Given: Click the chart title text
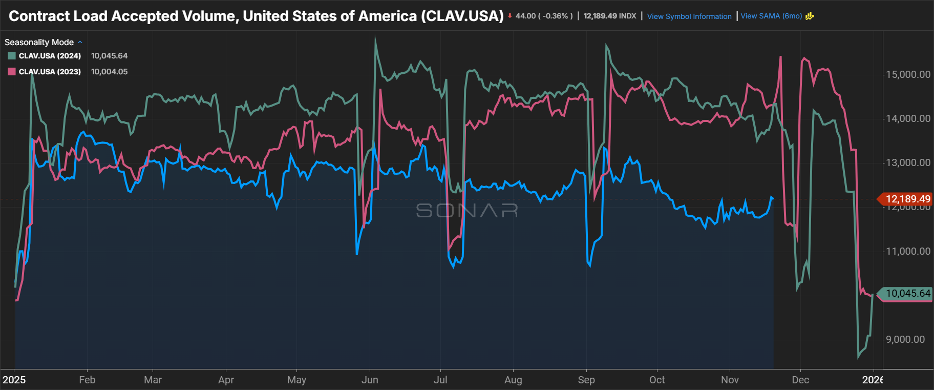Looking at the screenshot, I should coord(256,16).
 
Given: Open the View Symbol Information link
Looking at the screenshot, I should coord(689,16).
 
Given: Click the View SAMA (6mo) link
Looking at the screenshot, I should coord(771,16).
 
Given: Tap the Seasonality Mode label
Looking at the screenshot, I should coord(39,42).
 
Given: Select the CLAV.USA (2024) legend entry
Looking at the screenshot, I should coord(50,56).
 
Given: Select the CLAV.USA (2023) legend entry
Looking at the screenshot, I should coord(50,72).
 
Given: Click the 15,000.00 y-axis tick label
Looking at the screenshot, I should coord(908,74).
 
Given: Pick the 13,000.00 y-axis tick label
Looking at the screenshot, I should coord(908,162).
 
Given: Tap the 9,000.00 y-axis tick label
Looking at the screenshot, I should coord(905,339).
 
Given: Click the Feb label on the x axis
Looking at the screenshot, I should coord(87,380).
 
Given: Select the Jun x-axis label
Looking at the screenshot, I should coord(370,380).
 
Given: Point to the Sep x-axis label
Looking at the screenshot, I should coord(586,380).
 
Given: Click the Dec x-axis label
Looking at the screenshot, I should coord(800,380).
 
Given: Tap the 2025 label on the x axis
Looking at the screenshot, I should coord(14,380).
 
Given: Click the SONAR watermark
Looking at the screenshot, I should coord(466,210).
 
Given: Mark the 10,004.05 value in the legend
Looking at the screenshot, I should coord(109,72).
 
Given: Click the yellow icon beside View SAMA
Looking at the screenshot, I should coord(810,16).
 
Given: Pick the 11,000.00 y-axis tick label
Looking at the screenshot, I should coord(908,251).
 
